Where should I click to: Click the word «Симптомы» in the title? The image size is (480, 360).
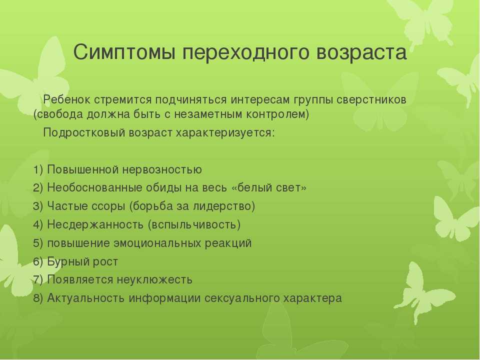pyautogui.click(x=124, y=52)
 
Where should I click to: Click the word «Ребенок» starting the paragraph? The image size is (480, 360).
pyautogui.click(x=67, y=99)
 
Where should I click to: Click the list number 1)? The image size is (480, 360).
pyautogui.click(x=38, y=169)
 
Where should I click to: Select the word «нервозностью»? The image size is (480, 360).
pyautogui.click(x=162, y=169)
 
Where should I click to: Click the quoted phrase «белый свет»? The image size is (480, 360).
pyautogui.click(x=269, y=187)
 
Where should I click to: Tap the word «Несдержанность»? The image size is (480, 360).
pyautogui.click(x=95, y=225)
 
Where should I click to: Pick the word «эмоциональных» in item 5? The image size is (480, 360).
pyautogui.click(x=156, y=243)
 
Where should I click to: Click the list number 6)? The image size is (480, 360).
pyautogui.click(x=38, y=261)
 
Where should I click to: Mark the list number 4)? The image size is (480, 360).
pyautogui.click(x=38, y=225)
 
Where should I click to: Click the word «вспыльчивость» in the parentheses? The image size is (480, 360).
pyautogui.click(x=194, y=225)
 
